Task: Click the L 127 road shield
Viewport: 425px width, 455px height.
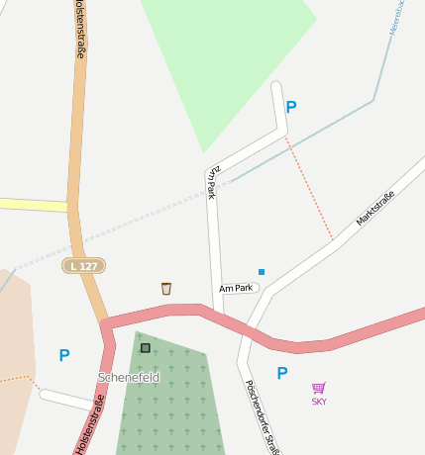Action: [83, 266]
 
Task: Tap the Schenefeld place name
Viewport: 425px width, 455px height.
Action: [129, 378]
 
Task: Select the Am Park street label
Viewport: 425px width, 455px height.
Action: [238, 288]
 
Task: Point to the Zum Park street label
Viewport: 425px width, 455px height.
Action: [211, 182]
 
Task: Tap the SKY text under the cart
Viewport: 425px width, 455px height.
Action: [319, 402]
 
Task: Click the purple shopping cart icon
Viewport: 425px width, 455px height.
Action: [319, 388]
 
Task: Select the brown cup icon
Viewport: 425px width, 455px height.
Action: [166, 288]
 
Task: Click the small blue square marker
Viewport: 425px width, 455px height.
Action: [262, 271]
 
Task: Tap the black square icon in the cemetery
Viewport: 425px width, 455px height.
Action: [146, 348]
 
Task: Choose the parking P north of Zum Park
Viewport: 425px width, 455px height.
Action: [290, 107]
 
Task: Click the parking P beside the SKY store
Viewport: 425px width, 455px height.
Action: [282, 373]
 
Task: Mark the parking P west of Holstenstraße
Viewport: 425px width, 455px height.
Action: [64, 355]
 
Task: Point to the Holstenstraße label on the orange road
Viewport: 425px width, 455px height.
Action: [78, 30]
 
